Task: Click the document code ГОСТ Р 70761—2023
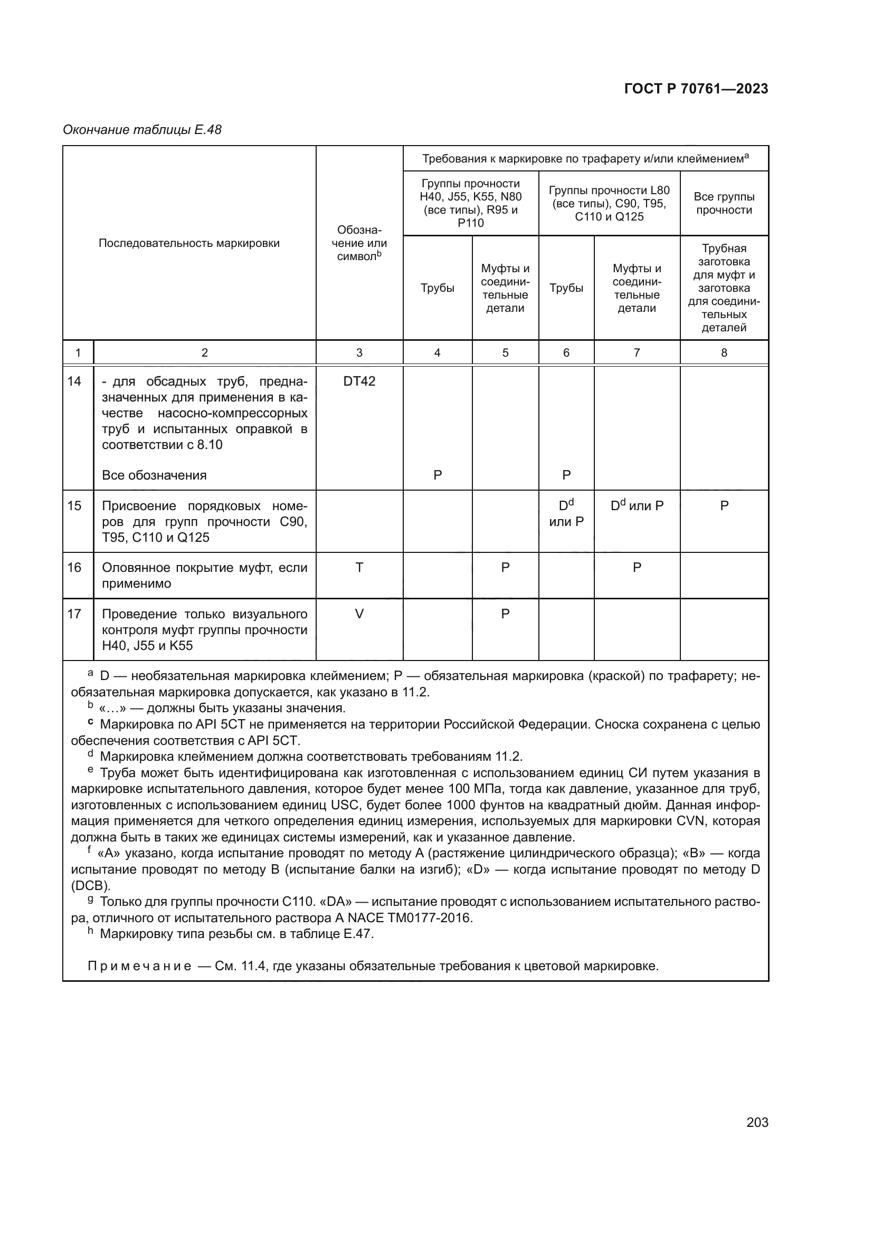pos(696,89)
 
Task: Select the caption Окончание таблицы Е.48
pos(142,130)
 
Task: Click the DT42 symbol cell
pos(359,381)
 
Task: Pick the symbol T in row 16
pos(359,568)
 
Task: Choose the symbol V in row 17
pos(359,614)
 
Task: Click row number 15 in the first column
pos(74,506)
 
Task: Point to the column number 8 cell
pos(724,353)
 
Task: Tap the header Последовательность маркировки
pos(189,243)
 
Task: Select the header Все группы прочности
pos(724,204)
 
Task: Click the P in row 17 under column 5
pos(505,614)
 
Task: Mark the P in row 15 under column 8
pos(724,506)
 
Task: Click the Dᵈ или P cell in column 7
pos(637,506)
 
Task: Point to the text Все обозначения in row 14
pos(154,475)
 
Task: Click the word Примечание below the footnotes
pos(139,967)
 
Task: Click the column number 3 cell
pos(359,353)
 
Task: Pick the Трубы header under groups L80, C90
pos(566,288)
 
